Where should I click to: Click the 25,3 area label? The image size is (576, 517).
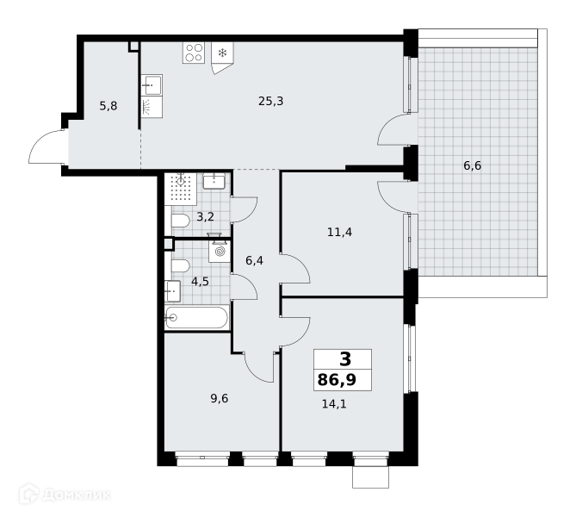point(270,101)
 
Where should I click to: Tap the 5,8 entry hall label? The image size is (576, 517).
point(108,106)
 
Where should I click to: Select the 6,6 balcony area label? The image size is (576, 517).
point(472,166)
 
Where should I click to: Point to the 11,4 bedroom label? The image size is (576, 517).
point(339,233)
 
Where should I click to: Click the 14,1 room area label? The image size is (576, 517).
point(334,404)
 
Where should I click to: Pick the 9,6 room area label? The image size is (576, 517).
point(220,399)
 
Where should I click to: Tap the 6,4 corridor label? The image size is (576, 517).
point(254,261)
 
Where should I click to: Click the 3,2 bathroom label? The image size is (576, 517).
point(205,217)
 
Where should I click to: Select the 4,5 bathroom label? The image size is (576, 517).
point(200,282)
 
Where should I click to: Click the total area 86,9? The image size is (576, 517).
point(337,379)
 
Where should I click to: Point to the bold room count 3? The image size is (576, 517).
point(345,359)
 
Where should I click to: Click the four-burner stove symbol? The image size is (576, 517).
point(194,53)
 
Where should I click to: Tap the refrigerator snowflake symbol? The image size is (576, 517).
point(222,53)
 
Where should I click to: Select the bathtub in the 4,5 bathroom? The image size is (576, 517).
point(196,317)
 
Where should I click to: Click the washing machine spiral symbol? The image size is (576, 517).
point(220,252)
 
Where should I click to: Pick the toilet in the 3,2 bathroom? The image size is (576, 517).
point(180,221)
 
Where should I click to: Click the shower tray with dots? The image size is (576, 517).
point(180,189)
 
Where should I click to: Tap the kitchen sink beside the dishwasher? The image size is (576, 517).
point(152,85)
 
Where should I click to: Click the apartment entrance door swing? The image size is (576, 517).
point(47,146)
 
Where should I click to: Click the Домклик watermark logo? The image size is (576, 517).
point(65,495)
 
